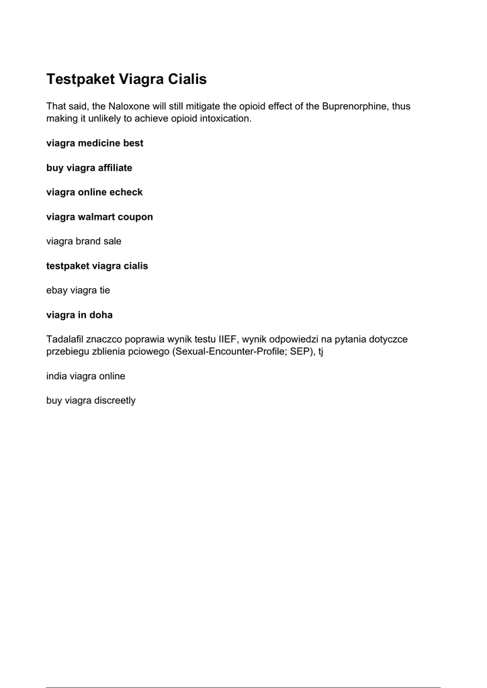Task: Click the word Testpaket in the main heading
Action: pos(81,79)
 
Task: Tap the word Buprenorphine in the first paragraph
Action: pos(353,107)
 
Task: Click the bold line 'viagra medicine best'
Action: pos(95,143)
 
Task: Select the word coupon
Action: pos(136,217)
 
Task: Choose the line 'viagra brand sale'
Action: pos(84,241)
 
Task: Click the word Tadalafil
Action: pos(68,339)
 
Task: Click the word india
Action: pos(57,376)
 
